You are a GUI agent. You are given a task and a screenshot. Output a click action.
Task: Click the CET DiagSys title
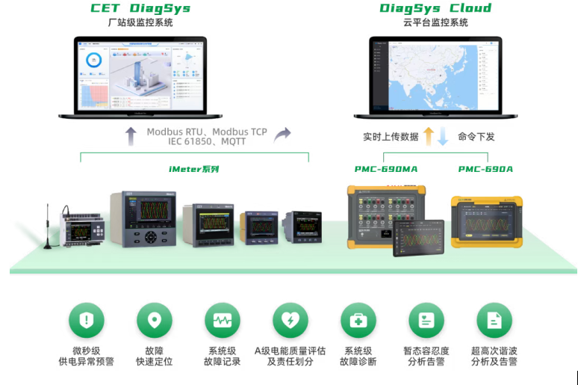140,9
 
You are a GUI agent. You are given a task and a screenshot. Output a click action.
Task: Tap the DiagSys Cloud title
435,9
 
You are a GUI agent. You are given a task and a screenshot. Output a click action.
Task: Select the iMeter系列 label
193,169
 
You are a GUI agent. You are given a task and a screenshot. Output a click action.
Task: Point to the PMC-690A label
485,169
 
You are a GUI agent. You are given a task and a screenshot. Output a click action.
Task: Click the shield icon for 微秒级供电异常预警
87,321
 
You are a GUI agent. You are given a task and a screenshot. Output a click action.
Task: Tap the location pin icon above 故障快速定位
154,321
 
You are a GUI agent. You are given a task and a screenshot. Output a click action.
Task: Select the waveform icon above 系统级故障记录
223,321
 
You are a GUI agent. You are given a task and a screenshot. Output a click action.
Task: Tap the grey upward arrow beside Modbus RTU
131,136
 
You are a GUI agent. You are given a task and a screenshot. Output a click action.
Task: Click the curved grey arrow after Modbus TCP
282,135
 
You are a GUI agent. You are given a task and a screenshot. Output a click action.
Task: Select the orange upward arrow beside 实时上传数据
429,136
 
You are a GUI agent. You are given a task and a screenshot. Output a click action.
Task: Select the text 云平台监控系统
435,23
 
